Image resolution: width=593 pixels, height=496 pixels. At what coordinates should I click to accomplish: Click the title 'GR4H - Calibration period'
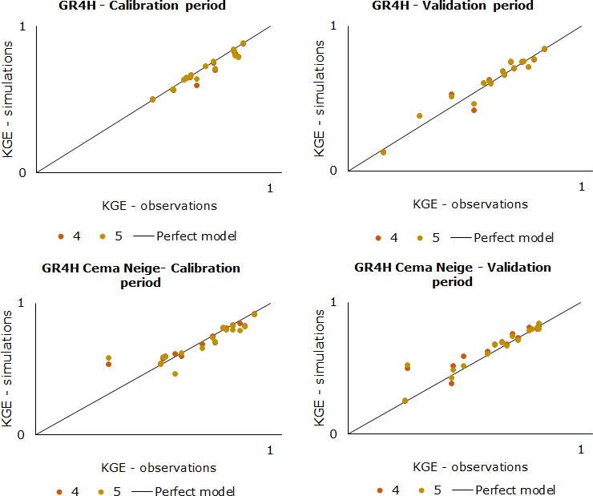point(142,6)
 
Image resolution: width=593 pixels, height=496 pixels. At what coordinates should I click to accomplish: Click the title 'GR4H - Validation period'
point(453,6)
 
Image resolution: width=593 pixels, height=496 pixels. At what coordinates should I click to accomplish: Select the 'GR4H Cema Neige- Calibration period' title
point(141,275)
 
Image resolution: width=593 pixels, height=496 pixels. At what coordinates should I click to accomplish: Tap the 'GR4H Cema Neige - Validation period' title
point(453,274)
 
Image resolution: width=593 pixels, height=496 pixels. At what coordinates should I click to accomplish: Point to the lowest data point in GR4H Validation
point(383,152)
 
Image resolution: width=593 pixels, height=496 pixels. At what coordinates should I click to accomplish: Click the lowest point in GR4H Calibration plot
point(152,99)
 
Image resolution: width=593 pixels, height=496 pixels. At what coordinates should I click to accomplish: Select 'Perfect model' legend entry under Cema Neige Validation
point(515,490)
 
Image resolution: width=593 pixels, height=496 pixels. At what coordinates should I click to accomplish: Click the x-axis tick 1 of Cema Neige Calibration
point(270,450)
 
